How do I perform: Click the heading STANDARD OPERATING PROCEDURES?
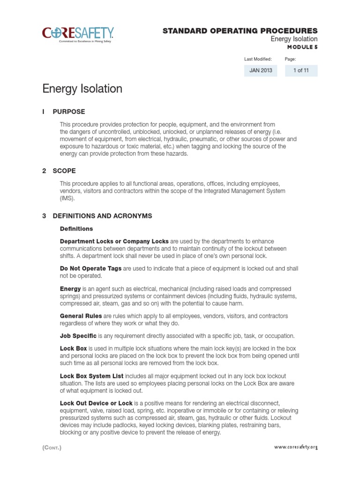240,30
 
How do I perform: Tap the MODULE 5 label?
302,47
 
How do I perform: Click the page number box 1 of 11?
301,71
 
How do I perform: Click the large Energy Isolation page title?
82,89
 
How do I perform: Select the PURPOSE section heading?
69,112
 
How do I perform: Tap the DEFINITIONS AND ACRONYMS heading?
102,216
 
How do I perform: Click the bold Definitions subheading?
76,229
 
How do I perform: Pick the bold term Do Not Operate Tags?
90,269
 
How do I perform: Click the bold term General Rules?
81,316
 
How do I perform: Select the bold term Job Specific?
78,336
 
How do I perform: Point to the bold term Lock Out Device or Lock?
96,403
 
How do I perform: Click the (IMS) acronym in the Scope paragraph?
67,198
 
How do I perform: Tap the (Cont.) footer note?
52,448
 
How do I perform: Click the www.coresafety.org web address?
295,447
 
